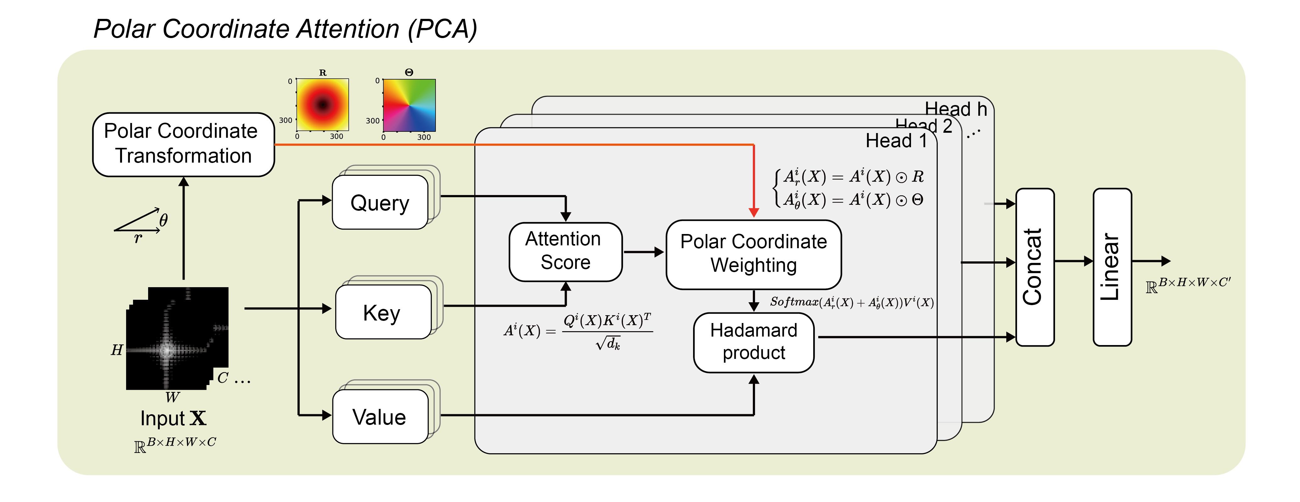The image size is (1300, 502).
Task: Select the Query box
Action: pyautogui.click(x=380, y=202)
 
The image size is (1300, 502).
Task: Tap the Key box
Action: pyautogui.click(x=382, y=312)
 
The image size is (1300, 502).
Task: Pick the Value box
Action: pyautogui.click(x=380, y=417)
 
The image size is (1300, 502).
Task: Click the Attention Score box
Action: pyautogui.click(x=565, y=251)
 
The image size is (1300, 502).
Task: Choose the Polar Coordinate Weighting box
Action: pyautogui.click(x=753, y=254)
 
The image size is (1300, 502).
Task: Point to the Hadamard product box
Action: pyautogui.click(x=753, y=342)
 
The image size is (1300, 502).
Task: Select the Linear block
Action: pyautogui.click(x=1112, y=267)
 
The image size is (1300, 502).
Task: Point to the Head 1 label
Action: pyautogui.click(x=896, y=141)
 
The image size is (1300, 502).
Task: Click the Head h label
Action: pyautogui.click(x=955, y=109)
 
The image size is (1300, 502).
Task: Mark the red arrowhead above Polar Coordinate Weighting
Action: pyautogui.click(x=753, y=212)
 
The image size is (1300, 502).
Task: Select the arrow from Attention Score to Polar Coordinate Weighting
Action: pyautogui.click(x=643, y=251)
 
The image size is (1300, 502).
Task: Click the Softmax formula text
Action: pyautogui.click(x=851, y=302)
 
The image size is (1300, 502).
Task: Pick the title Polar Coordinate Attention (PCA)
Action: pyautogui.click(x=285, y=29)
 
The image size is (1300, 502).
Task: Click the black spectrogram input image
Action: pyautogui.click(x=177, y=338)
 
